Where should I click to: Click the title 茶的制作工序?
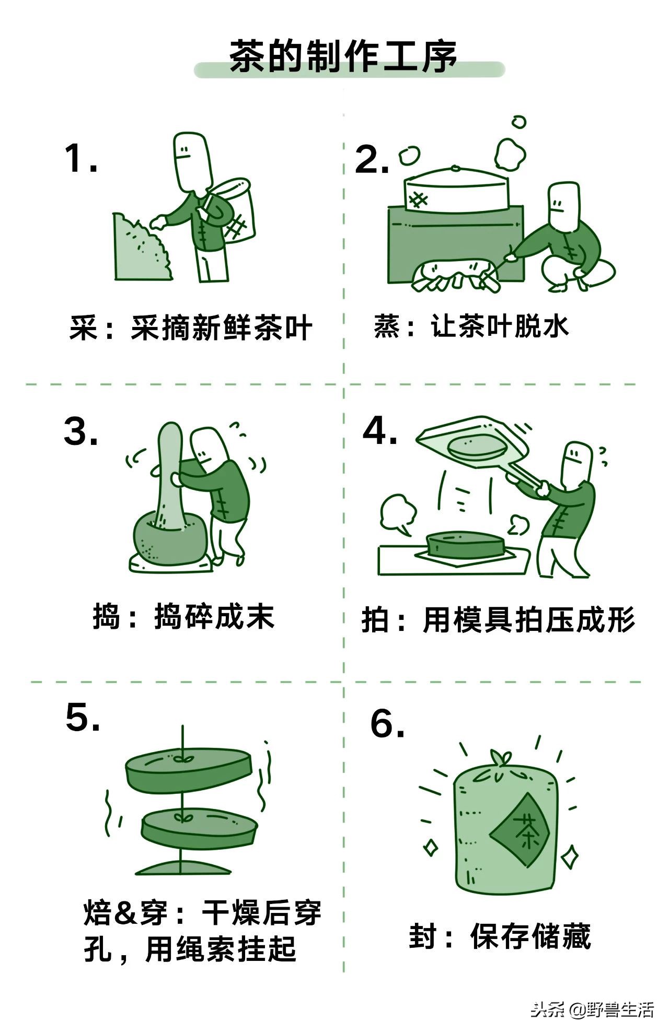tap(343, 56)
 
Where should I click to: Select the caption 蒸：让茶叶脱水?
tap(471, 326)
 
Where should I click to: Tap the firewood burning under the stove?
tap(454, 276)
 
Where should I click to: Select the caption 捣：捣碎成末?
tap(183, 617)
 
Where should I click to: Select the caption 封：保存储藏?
tap(499, 936)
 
